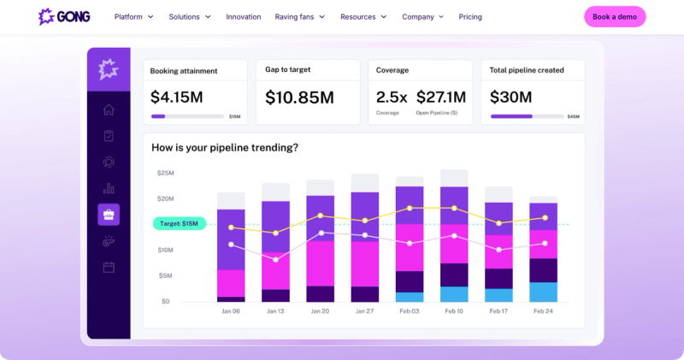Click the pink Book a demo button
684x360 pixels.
615,16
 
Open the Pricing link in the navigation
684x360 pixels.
470,16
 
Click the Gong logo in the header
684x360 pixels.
64,16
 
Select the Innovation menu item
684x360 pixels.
244,16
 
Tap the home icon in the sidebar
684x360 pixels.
109,109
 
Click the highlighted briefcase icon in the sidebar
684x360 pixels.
109,215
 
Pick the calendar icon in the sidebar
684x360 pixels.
109,267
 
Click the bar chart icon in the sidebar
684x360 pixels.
109,188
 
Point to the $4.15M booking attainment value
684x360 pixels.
177,97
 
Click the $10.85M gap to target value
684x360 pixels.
300,97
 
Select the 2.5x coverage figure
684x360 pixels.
392,97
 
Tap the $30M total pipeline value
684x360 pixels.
510,97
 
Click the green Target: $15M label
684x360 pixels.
180,223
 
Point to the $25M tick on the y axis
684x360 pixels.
165,173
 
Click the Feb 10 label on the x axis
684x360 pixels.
454,311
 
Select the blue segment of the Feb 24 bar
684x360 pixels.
543,292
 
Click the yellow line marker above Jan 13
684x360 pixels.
275,233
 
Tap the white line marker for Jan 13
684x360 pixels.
275,260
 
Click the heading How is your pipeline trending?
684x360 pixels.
225,147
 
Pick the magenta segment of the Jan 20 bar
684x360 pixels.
320,263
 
